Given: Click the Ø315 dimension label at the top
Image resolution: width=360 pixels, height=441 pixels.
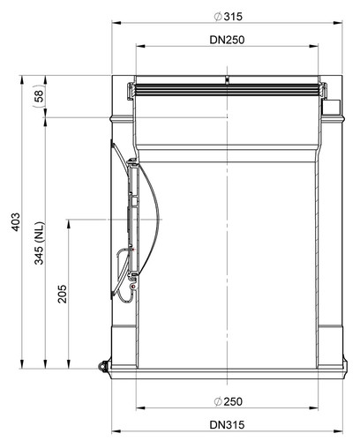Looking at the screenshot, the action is click(x=229, y=17).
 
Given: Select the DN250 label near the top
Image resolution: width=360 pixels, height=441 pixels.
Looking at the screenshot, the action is click(x=227, y=40).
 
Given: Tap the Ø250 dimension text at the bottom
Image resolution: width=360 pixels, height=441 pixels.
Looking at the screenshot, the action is click(x=229, y=401).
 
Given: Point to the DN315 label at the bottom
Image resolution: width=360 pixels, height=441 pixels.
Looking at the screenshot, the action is click(x=227, y=425).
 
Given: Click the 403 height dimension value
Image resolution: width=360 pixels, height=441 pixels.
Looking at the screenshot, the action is click(x=15, y=221).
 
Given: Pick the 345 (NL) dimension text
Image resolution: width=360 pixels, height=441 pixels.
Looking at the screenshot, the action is click(x=39, y=243).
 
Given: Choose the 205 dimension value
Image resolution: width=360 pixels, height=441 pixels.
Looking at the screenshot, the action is click(x=62, y=294).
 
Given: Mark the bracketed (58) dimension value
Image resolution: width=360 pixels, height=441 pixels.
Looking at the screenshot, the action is click(x=39, y=96).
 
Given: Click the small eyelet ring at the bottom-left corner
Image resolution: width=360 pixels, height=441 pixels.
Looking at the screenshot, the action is click(x=102, y=366).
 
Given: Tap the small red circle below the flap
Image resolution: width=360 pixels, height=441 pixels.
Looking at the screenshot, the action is click(x=134, y=287).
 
